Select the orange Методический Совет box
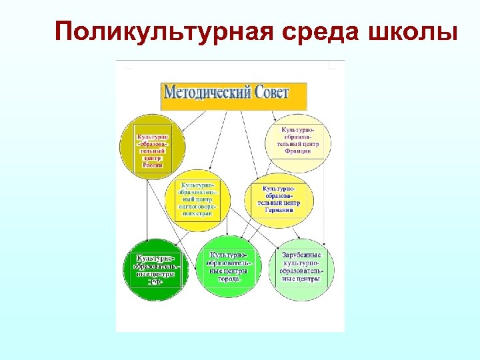tap(234, 96)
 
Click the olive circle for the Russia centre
tap(151, 148)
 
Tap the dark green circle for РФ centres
tap(156, 269)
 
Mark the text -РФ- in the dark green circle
tap(155, 281)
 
